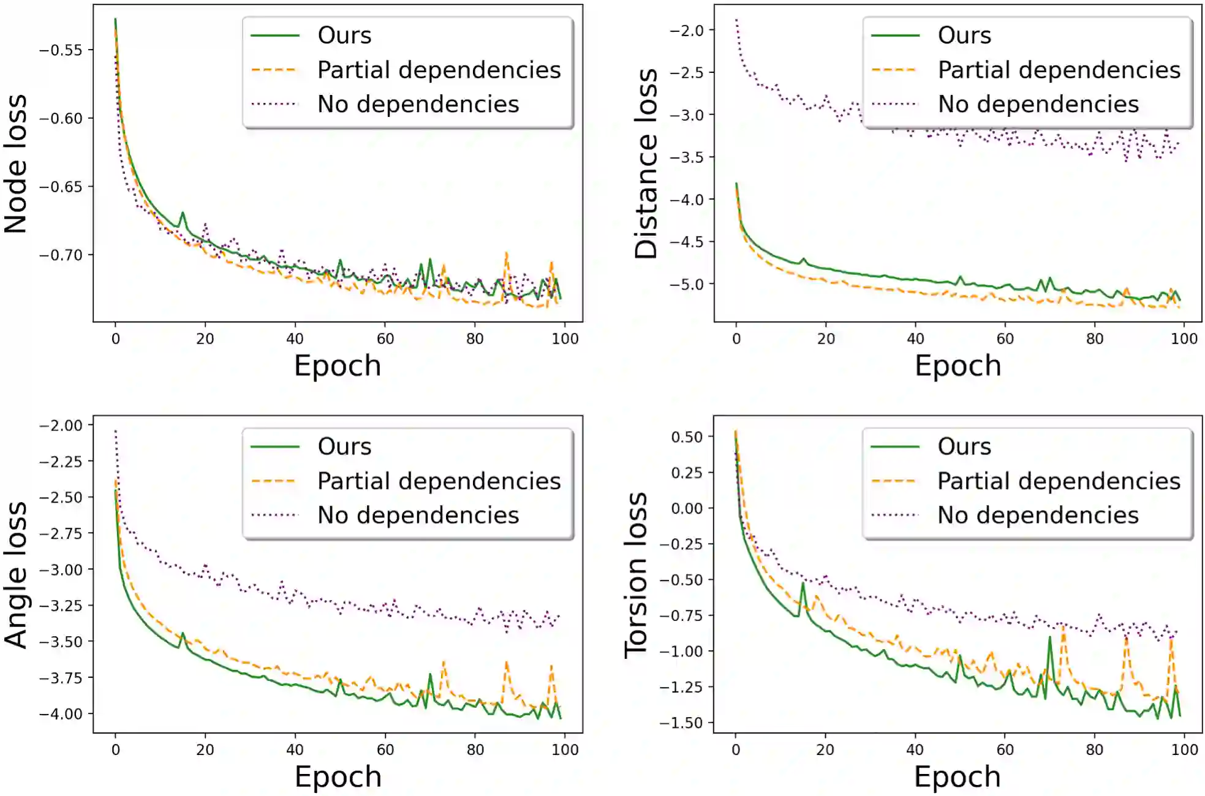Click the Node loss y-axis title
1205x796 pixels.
coord(17,164)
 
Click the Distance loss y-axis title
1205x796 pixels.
coord(646,164)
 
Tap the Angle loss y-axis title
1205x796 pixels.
coord(17,576)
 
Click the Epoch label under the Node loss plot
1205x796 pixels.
coord(338,366)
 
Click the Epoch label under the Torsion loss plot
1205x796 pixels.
coord(958,776)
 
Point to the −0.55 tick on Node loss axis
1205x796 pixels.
coord(61,50)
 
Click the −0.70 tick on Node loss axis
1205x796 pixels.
coord(61,255)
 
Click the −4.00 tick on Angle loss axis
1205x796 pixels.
coord(61,714)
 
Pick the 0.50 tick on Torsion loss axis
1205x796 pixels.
coord(687,437)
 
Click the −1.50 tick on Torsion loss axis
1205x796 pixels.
coord(681,723)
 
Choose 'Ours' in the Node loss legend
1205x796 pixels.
coord(344,36)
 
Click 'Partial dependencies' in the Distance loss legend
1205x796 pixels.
coord(1059,70)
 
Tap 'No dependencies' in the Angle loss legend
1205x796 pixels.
coord(418,516)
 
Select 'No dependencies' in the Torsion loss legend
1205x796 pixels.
coord(1038,516)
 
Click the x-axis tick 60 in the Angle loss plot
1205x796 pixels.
coord(385,749)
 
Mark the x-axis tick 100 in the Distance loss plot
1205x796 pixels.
coord(1184,339)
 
